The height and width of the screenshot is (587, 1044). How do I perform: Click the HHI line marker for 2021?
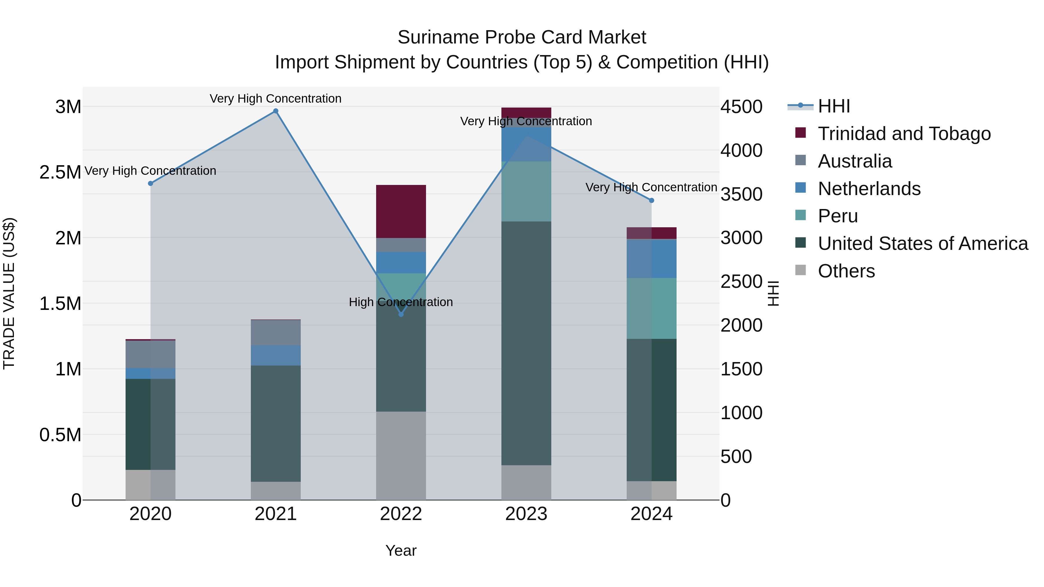click(x=275, y=111)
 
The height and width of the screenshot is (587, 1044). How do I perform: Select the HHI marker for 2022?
click(x=401, y=314)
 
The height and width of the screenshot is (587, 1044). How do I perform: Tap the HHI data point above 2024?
click(x=651, y=201)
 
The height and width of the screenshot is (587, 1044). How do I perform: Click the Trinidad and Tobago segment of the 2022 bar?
click(x=401, y=212)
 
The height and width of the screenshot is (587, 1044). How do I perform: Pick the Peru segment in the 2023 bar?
click(x=526, y=191)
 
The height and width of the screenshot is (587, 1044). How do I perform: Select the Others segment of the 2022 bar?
click(x=401, y=455)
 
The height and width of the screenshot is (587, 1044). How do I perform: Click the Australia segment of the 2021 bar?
click(x=275, y=332)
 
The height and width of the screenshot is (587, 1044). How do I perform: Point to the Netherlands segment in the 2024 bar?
click(x=651, y=259)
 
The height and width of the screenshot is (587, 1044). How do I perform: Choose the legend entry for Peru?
click(x=837, y=216)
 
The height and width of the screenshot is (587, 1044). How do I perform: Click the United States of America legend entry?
click(x=922, y=243)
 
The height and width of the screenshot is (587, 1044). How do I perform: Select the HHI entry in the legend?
click(x=833, y=106)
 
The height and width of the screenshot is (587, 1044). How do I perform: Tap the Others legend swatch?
click(x=800, y=270)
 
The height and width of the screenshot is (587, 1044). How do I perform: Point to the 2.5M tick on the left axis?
click(x=60, y=172)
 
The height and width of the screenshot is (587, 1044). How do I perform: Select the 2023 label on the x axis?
click(x=526, y=514)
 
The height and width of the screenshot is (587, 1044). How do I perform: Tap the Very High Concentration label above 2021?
click(x=275, y=99)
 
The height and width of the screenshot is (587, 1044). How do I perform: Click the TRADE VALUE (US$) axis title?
click(x=9, y=293)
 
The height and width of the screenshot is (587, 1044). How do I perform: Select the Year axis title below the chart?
click(x=401, y=550)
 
